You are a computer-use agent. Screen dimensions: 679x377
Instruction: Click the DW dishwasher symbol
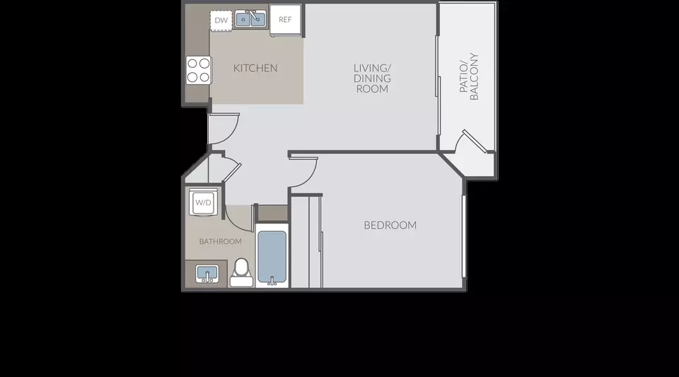coord(221,21)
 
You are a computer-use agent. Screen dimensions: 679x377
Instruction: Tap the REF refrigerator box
coord(285,20)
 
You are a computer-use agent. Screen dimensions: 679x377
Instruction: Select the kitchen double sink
coord(250,19)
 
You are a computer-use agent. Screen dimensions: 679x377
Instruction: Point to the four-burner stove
coord(199,70)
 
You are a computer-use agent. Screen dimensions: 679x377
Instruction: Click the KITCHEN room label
coord(255,68)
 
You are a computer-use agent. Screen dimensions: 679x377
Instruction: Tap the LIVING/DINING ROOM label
coord(373,79)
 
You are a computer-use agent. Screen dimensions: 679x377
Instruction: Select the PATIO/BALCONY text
coord(468,76)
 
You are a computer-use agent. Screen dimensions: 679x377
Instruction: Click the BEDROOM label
coord(390,225)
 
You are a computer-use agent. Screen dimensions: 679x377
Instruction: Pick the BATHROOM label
coord(221,241)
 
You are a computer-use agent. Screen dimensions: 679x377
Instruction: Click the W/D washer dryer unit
coord(203,202)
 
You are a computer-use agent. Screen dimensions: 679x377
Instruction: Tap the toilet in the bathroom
coord(241,273)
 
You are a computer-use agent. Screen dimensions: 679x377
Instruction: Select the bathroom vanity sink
coord(207,274)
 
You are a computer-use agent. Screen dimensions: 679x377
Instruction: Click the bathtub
coord(272,255)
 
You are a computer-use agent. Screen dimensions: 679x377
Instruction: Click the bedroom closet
coord(306,241)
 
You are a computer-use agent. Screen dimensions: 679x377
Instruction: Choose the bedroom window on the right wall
coord(464,236)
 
